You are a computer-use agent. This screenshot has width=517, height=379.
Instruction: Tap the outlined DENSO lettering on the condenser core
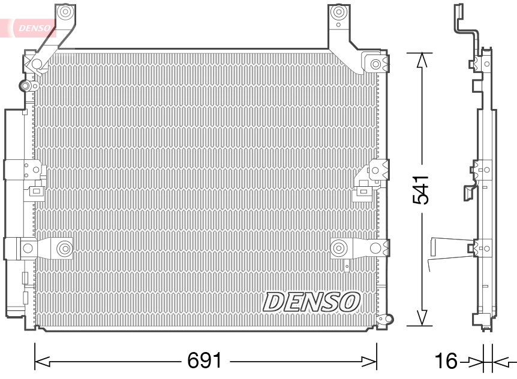pyautogui.click(x=311, y=302)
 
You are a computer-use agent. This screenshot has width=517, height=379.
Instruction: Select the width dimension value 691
pyautogui.click(x=205, y=360)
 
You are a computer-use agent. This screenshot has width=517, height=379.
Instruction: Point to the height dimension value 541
pyautogui.click(x=422, y=190)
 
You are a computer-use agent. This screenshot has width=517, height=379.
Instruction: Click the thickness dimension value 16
pyautogui.click(x=446, y=361)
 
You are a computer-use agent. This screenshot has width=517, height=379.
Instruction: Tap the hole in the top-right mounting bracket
pyautogui.click(x=339, y=12)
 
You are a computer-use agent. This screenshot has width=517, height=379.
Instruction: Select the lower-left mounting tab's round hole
pyautogui.click(x=64, y=247)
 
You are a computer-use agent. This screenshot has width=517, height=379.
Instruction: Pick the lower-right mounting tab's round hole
pyautogui.click(x=339, y=247)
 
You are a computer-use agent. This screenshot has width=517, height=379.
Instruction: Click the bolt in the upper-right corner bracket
pyautogui.click(x=375, y=64)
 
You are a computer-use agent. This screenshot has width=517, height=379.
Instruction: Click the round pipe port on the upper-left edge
pyautogui.click(x=26, y=86)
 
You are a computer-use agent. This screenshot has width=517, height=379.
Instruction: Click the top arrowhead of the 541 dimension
pyautogui.click(x=422, y=60)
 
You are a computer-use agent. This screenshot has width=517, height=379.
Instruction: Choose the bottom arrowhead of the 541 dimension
pyautogui.click(x=422, y=318)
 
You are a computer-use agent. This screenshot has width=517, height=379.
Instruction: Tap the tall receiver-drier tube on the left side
pyautogui.click(x=13, y=210)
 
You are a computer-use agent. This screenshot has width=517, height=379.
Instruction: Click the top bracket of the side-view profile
pyautogui.click(x=459, y=18)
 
